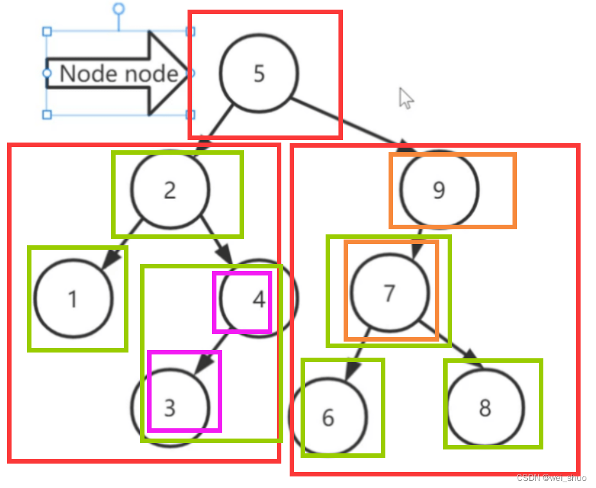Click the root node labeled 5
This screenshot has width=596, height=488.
point(259,73)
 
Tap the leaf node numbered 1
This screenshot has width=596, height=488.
point(73,299)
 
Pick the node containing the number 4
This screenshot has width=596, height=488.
point(258,299)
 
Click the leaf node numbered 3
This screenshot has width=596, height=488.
point(170,407)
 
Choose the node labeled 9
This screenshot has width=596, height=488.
point(439,189)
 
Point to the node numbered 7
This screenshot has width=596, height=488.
point(389,293)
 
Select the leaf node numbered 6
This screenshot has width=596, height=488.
point(328,417)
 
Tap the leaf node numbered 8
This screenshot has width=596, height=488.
point(486,407)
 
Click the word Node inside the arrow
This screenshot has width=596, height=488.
point(85,74)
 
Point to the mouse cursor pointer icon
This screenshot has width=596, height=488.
point(406,98)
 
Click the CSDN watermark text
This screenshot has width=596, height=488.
point(551,478)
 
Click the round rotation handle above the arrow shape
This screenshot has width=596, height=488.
point(118,8)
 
